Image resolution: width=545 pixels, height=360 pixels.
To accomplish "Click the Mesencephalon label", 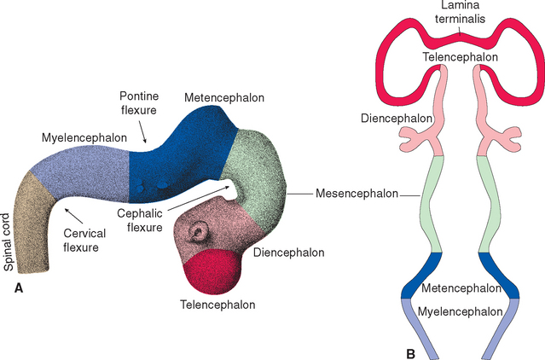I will point(356,194).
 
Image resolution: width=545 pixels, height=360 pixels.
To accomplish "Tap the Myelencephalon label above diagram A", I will point(84,136).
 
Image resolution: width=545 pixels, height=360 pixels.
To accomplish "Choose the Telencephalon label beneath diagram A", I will point(217,304).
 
